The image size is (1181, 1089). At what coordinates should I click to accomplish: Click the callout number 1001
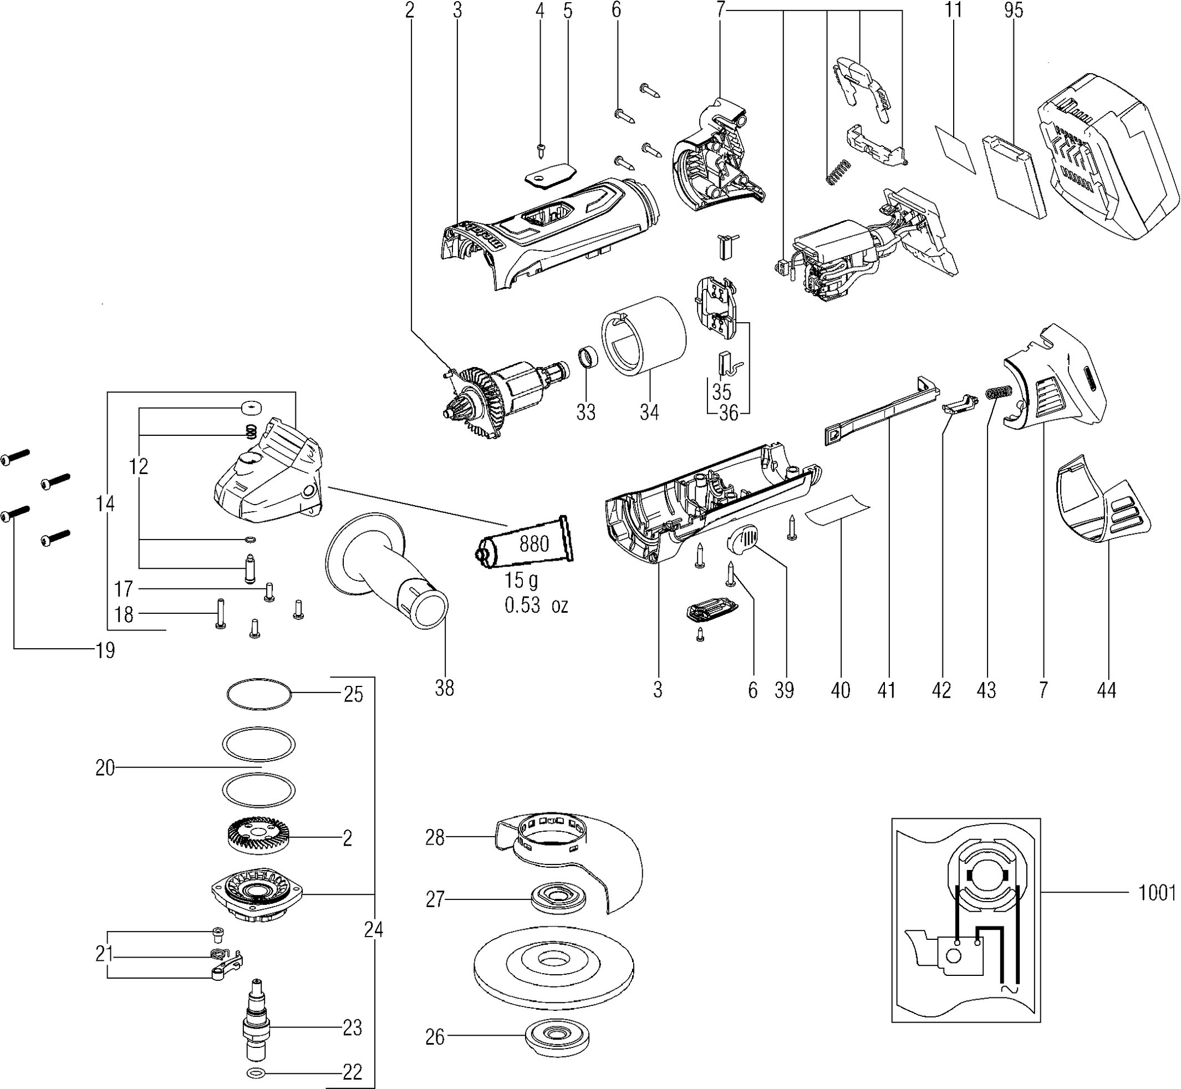(x=1157, y=893)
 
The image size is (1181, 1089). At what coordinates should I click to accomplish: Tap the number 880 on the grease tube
(x=534, y=543)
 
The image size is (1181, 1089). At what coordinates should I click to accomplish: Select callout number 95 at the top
(x=1014, y=11)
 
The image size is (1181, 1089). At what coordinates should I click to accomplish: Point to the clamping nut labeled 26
(x=556, y=1051)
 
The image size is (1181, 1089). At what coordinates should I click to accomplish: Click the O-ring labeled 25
(x=259, y=694)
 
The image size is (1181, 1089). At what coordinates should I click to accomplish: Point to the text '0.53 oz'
(x=536, y=605)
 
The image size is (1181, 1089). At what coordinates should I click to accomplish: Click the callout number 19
(x=105, y=651)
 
